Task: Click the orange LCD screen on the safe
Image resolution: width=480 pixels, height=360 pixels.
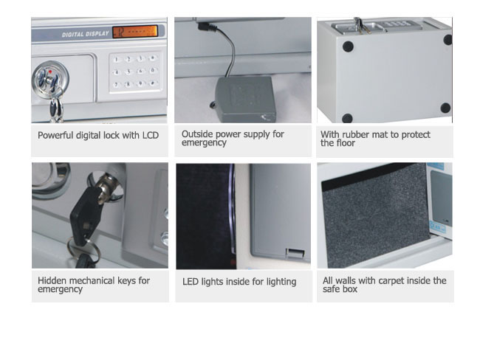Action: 135,32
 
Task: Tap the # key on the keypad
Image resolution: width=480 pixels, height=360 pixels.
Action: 152,83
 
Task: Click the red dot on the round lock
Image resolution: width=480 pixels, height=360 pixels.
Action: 50,72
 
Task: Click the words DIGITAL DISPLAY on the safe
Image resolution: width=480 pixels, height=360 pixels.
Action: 86,34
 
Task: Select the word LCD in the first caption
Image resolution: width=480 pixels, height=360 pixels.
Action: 151,135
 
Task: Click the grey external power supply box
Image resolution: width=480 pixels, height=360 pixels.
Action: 245,100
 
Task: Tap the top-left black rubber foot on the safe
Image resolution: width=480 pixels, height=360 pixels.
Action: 348,46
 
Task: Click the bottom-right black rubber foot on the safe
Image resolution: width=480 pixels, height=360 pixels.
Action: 445,108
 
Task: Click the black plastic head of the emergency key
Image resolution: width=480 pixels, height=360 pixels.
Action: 86,215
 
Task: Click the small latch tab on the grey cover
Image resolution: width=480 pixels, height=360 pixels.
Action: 295,253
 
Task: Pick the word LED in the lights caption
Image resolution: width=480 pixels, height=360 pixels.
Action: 190,282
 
